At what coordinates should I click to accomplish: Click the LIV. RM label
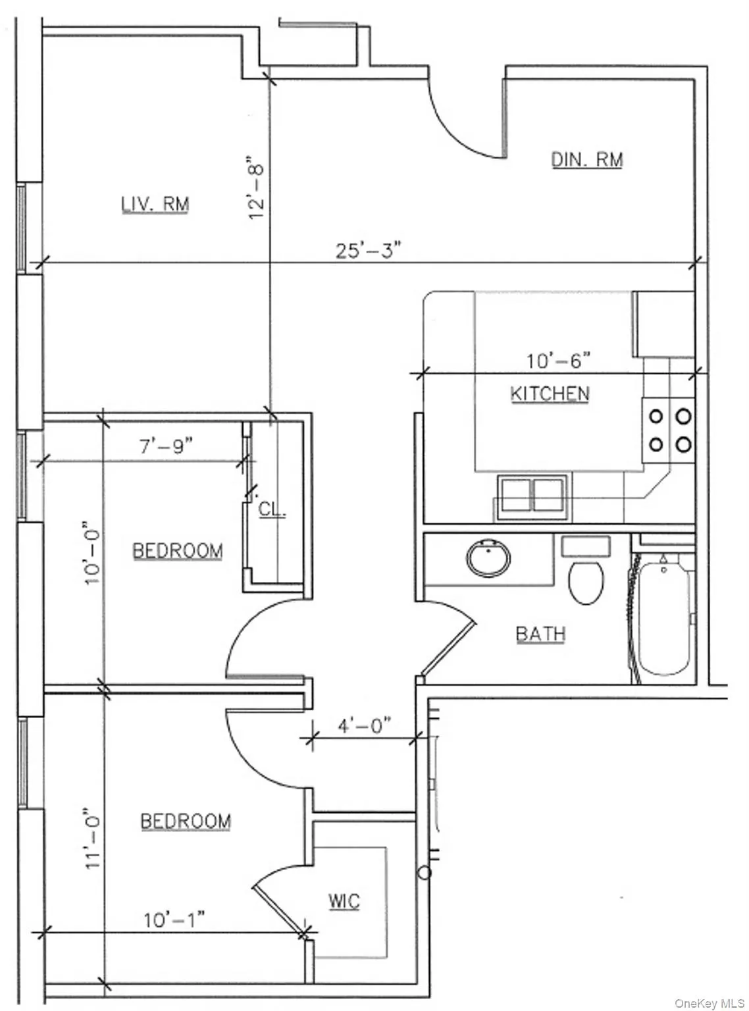(155, 204)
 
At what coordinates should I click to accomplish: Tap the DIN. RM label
(586, 160)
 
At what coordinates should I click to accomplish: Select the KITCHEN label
(550, 394)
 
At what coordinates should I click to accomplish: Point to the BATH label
(540, 634)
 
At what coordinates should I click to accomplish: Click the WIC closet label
(344, 901)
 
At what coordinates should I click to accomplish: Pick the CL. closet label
(272, 509)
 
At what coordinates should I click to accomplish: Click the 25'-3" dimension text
(369, 250)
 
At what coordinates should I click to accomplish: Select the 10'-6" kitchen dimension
(558, 361)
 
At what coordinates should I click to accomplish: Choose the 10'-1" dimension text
(174, 920)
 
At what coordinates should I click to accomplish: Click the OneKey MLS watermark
(710, 1003)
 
